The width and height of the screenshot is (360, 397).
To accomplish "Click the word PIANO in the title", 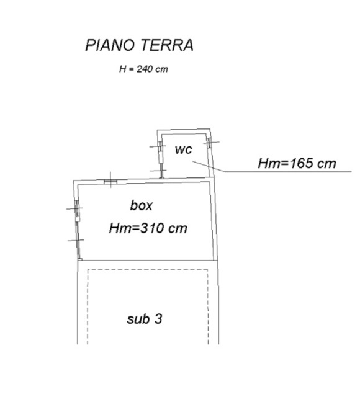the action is click(110, 45).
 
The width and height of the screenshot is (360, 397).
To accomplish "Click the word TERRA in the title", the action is click(167, 45).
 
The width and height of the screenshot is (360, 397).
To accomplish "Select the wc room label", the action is click(183, 149).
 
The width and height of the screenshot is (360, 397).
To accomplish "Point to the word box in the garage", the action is click(141, 205).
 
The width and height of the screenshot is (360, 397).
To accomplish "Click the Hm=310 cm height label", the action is click(148, 228).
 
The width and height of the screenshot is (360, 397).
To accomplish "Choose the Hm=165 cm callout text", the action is click(297, 163).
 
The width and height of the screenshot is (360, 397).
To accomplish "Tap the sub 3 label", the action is click(145, 318).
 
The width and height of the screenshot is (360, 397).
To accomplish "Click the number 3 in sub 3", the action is click(158, 318).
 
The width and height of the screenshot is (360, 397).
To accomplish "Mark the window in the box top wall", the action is click(110, 182).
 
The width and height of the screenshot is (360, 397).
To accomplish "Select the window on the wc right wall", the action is click(209, 143).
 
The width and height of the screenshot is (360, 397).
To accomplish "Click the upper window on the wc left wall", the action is click(160, 148).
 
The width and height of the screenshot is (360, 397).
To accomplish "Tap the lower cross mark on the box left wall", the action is click(76, 240).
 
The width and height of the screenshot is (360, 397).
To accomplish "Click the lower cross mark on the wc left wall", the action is click(158, 171).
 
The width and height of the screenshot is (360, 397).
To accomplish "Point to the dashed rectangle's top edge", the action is click(148, 270).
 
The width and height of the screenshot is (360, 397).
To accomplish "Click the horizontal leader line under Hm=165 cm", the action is click(288, 172).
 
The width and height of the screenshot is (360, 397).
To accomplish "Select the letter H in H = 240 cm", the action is click(123, 69).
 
